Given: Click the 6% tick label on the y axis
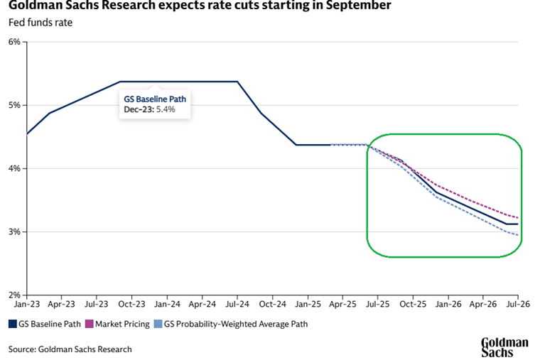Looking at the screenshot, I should pyautogui.click(x=14, y=42).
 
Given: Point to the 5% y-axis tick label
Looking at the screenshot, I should pyautogui.click(x=14, y=105).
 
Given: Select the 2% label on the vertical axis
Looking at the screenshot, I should pyautogui.click(x=14, y=295).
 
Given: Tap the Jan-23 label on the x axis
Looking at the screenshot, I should pyautogui.click(x=26, y=304).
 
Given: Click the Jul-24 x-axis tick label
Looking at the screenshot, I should pyautogui.click(x=237, y=304).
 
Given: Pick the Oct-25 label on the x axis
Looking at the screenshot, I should pyautogui.click(x=413, y=304).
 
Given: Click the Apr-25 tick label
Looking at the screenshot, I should pyautogui.click(x=342, y=304).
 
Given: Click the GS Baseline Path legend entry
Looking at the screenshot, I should pyautogui.click(x=47, y=324).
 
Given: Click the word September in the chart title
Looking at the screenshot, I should pyautogui.click(x=357, y=6).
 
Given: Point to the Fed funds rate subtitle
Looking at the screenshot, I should pyautogui.click(x=40, y=22).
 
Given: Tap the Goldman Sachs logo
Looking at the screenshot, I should pyautogui.click(x=504, y=346).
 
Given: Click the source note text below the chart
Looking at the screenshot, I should pyautogui.click(x=70, y=349).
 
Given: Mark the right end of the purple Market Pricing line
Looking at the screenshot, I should pyautogui.click(x=518, y=217).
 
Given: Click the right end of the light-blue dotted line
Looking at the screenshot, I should pyautogui.click(x=518, y=235).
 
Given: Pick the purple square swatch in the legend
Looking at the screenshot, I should pyautogui.click(x=90, y=324).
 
